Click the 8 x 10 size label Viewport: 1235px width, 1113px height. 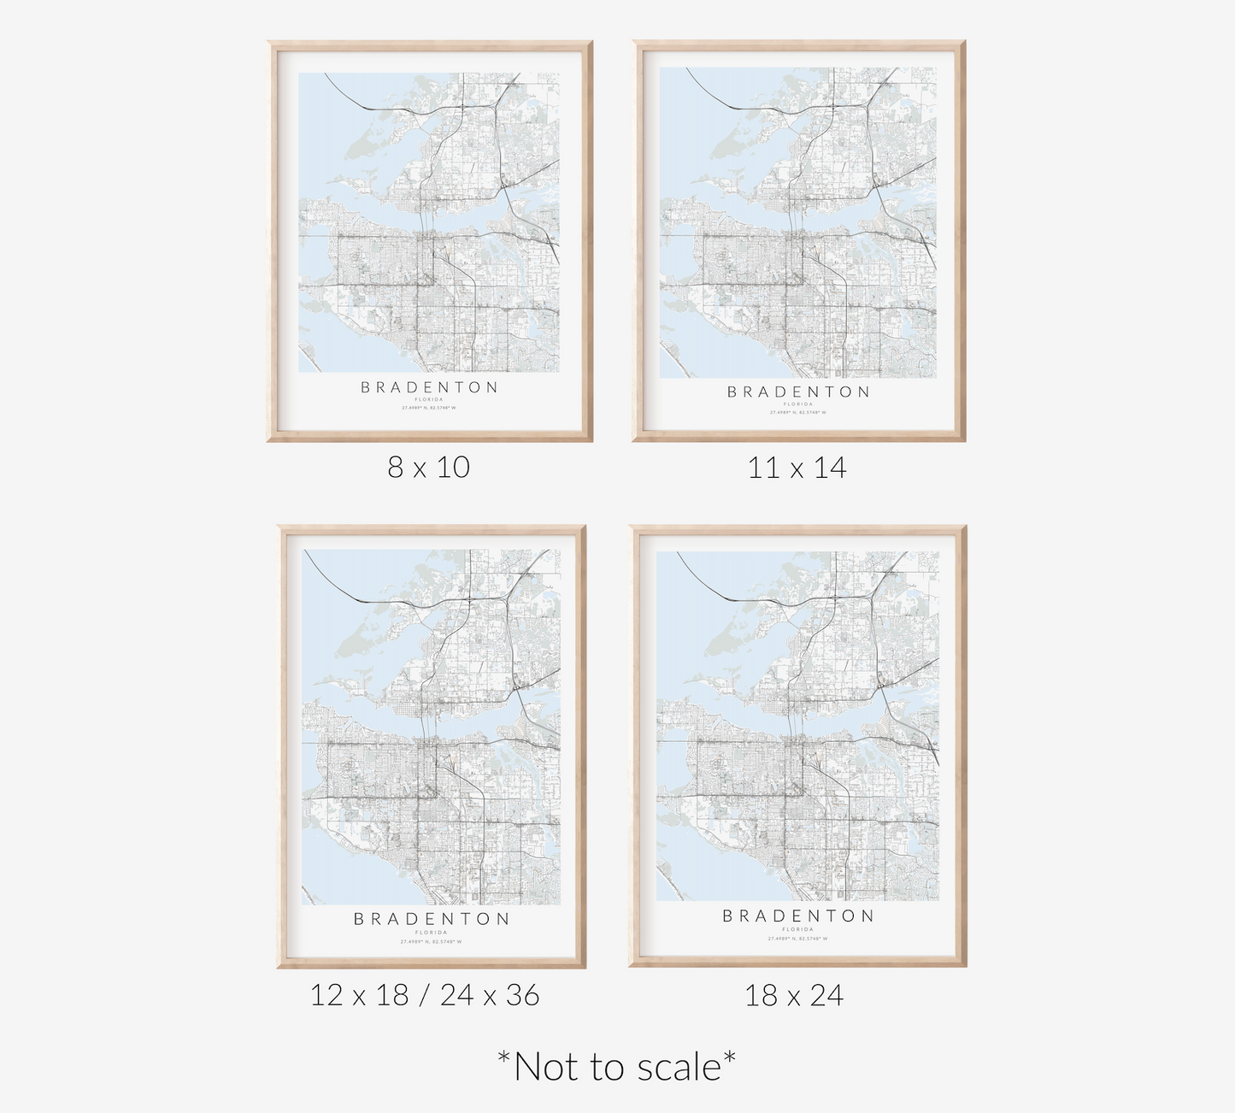pos(428,467)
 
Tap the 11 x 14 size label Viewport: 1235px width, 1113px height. pos(797,468)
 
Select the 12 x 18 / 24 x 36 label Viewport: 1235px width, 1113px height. pos(425,995)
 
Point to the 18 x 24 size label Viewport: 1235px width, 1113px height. pos(794,995)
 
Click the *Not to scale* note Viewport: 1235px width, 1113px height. pos(616,1067)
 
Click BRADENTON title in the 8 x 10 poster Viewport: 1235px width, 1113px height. pos(429,387)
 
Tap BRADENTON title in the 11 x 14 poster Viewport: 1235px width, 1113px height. pos(798,392)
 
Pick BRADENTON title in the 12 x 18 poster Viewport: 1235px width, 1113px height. pos(432,919)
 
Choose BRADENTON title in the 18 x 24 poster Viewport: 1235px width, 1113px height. pos(798,916)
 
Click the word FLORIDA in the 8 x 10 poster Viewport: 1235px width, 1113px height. pos(429,399)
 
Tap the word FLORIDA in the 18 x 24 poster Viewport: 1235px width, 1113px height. pos(798,929)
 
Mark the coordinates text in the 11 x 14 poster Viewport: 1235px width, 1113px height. pos(798,412)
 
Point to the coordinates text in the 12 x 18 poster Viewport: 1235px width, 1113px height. pos(432,942)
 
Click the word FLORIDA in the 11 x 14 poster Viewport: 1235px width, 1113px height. pos(798,403)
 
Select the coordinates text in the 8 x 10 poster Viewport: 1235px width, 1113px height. pos(429,408)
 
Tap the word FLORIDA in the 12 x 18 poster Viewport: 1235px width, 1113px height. pos(432,933)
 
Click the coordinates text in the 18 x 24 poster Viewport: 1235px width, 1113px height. pos(798,939)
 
